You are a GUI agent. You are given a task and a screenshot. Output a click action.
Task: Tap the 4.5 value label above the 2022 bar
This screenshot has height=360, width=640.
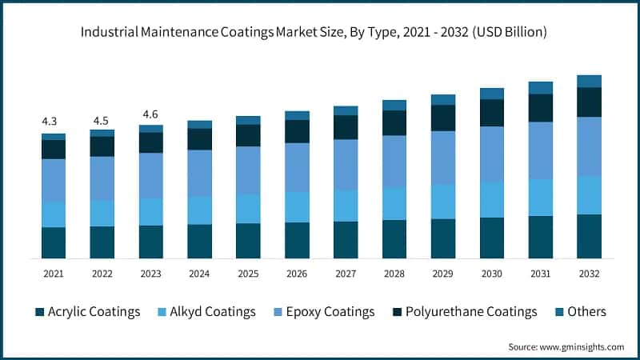102,121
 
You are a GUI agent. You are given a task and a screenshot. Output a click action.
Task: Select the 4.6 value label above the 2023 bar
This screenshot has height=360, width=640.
150,114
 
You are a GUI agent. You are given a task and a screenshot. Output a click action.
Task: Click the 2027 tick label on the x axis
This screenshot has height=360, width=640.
346,274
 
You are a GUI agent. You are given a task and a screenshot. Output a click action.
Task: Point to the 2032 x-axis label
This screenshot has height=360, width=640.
589,274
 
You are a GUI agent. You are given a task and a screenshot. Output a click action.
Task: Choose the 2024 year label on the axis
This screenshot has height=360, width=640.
199,274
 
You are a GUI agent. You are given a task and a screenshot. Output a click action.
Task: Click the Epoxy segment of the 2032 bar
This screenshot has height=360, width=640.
589,146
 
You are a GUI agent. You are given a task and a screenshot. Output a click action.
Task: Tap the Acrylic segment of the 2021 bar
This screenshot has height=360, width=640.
54,242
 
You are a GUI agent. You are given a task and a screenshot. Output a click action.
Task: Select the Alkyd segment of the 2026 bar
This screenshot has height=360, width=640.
297,206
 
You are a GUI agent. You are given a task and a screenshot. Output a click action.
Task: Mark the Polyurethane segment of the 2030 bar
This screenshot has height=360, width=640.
491,113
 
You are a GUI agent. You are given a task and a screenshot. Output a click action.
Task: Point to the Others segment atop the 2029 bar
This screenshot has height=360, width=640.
442,100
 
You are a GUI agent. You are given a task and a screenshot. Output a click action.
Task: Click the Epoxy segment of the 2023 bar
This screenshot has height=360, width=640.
150,175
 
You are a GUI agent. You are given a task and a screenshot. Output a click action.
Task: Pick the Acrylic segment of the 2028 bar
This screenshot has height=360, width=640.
394,238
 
